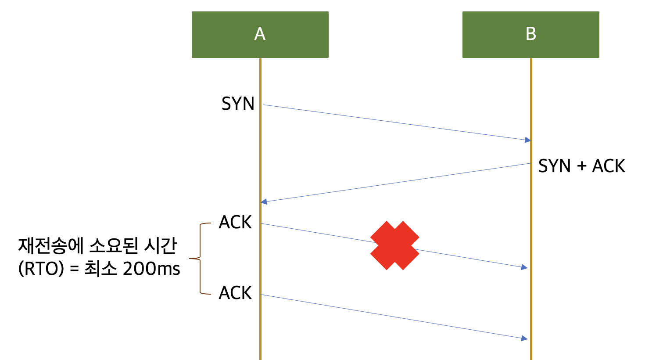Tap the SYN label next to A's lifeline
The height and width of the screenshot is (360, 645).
tap(238, 104)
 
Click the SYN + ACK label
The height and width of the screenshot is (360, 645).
tap(581, 166)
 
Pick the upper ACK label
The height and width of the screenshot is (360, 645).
tap(236, 223)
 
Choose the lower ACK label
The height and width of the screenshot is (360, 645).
tap(236, 293)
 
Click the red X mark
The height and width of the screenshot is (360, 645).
tap(394, 245)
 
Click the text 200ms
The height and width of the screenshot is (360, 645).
tap(151, 269)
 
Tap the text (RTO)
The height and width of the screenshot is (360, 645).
tap(41, 269)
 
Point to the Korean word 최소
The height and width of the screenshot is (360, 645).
tap(100, 269)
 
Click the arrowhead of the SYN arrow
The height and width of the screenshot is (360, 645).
tap(528, 140)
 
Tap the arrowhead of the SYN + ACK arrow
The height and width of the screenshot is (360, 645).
tap(264, 202)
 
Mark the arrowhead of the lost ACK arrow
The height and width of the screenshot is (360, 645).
tap(524, 267)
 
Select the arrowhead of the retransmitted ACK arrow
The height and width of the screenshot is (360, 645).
tap(524, 338)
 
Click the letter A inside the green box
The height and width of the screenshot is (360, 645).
tap(260, 34)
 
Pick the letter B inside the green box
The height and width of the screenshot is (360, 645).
tap(531, 34)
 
